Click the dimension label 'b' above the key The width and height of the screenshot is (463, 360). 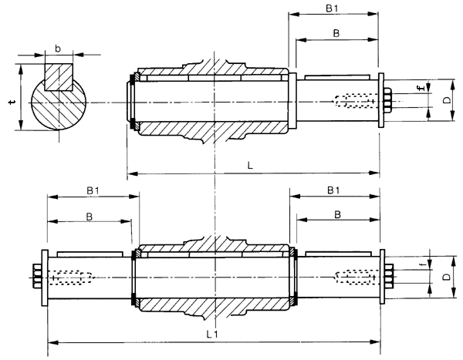tap(58, 49)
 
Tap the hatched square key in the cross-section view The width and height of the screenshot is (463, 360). tap(58, 77)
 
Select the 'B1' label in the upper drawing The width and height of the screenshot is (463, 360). tap(330, 8)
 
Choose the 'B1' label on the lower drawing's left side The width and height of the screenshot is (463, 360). tap(92, 189)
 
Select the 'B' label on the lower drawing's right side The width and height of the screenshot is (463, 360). tap(334, 214)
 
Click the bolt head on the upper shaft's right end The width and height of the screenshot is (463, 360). tap(387, 101)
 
